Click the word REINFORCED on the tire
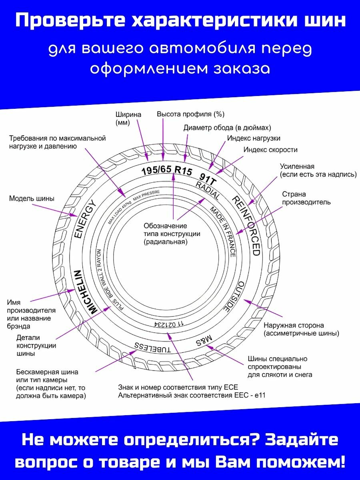(246, 226)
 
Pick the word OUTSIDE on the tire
(233, 296)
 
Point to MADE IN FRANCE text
(224, 232)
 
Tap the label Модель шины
(32, 198)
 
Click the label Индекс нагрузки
(254, 138)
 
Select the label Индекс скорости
(270, 150)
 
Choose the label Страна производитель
(306, 198)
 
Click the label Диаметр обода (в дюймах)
(227, 128)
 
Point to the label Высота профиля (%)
(190, 114)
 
